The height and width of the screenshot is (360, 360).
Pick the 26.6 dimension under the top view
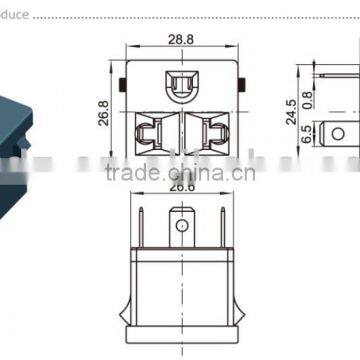click(180, 186)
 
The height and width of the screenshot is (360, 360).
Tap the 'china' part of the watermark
click(231, 172)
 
